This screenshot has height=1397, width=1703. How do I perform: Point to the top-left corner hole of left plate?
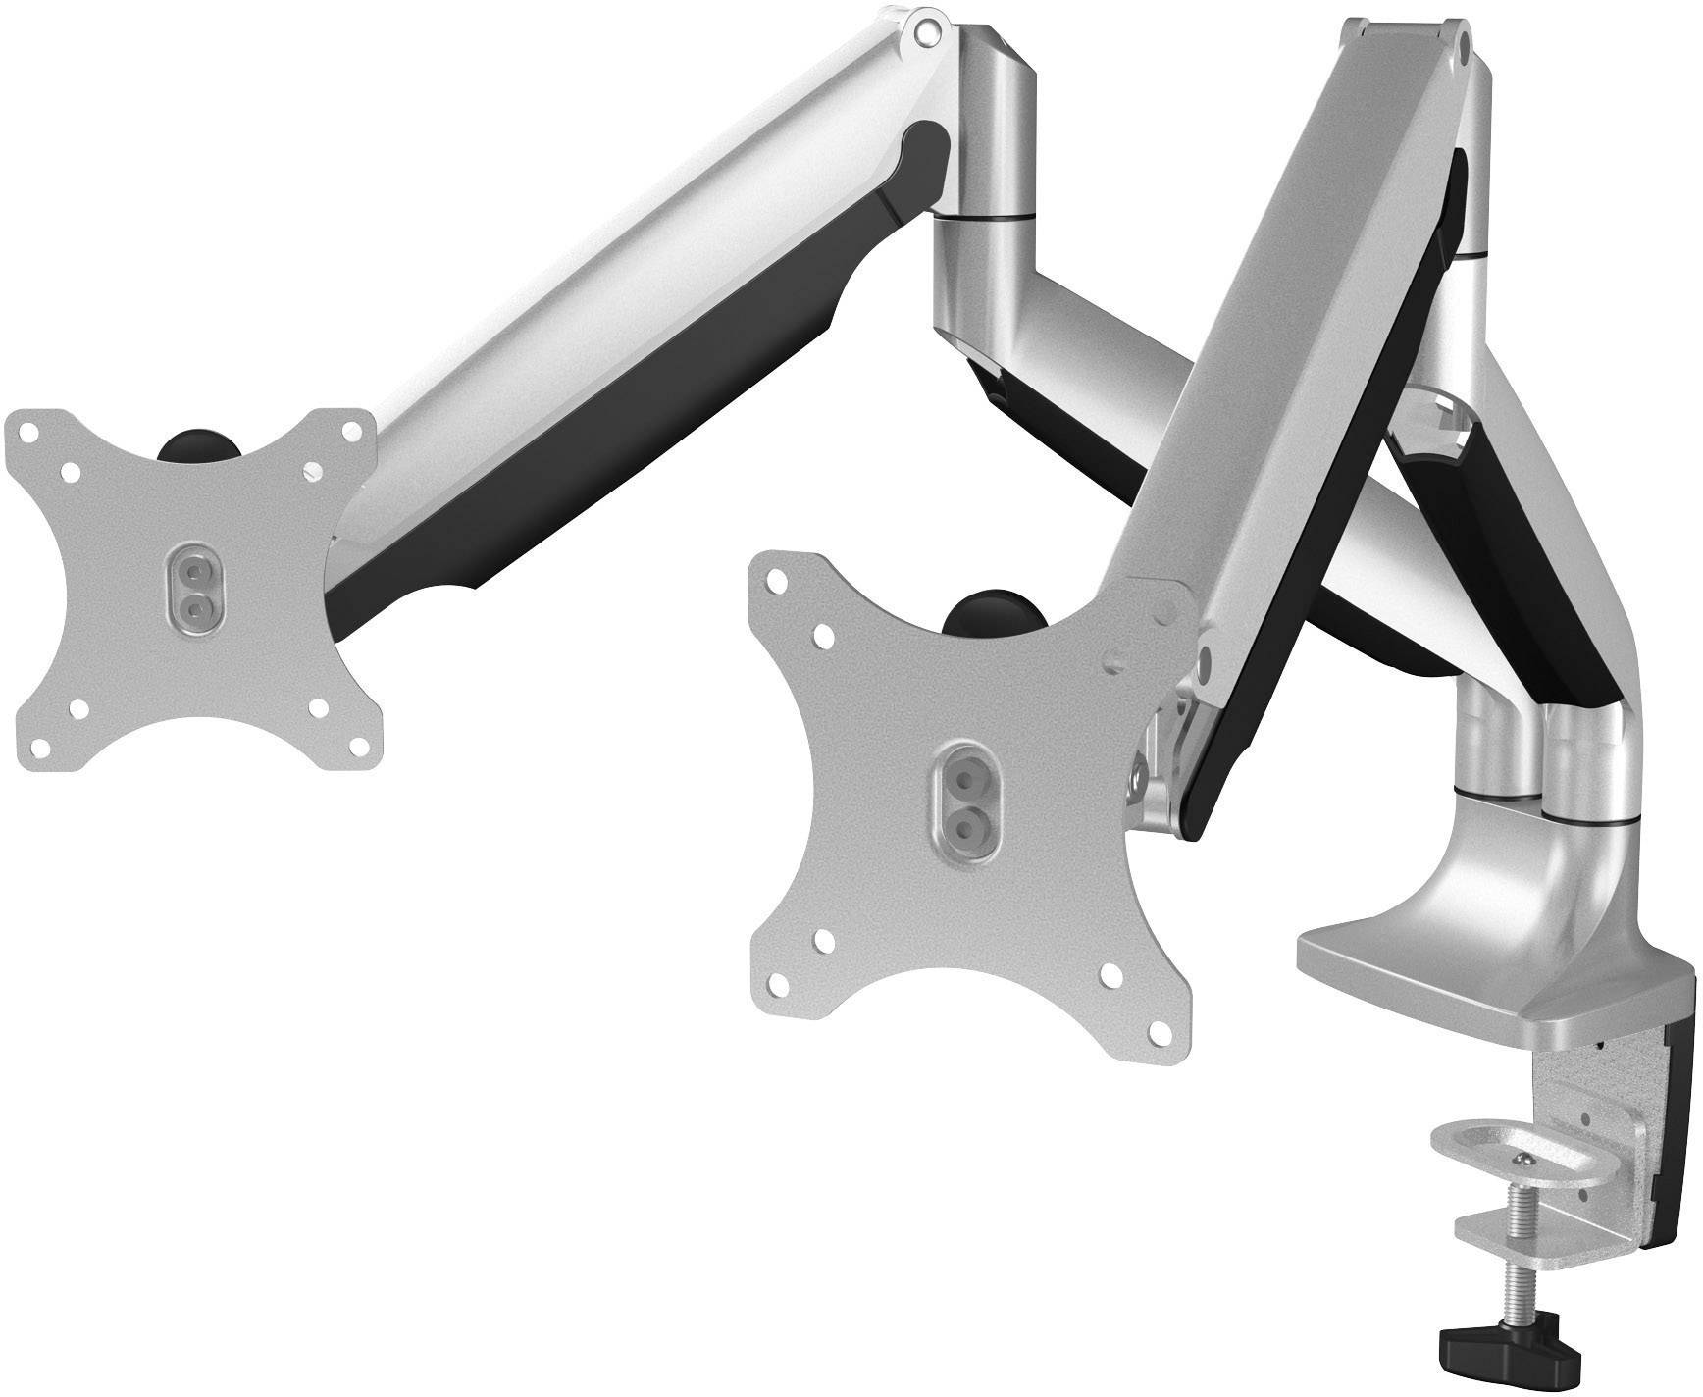click(x=27, y=432)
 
